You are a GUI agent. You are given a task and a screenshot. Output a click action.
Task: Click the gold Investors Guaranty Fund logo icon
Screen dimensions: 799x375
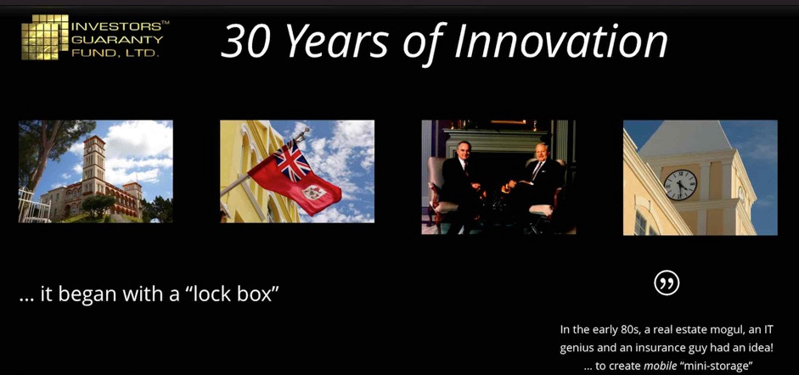(x=45, y=37)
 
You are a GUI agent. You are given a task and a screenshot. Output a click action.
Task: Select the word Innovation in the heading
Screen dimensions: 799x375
(x=560, y=41)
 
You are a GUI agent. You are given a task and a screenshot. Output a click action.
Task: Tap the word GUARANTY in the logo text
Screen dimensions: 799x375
(x=117, y=39)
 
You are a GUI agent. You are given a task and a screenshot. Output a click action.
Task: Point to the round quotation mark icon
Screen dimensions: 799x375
(x=667, y=283)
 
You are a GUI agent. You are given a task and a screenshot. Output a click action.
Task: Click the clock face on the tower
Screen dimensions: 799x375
(x=680, y=185)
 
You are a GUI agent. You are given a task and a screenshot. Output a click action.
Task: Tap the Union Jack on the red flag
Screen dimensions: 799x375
(x=292, y=160)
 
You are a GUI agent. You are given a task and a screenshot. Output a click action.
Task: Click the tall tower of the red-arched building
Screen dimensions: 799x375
(x=95, y=163)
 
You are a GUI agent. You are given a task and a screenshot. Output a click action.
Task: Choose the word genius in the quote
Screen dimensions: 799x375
(x=577, y=349)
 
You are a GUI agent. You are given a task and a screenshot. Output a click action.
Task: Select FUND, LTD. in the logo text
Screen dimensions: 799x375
(x=115, y=53)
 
